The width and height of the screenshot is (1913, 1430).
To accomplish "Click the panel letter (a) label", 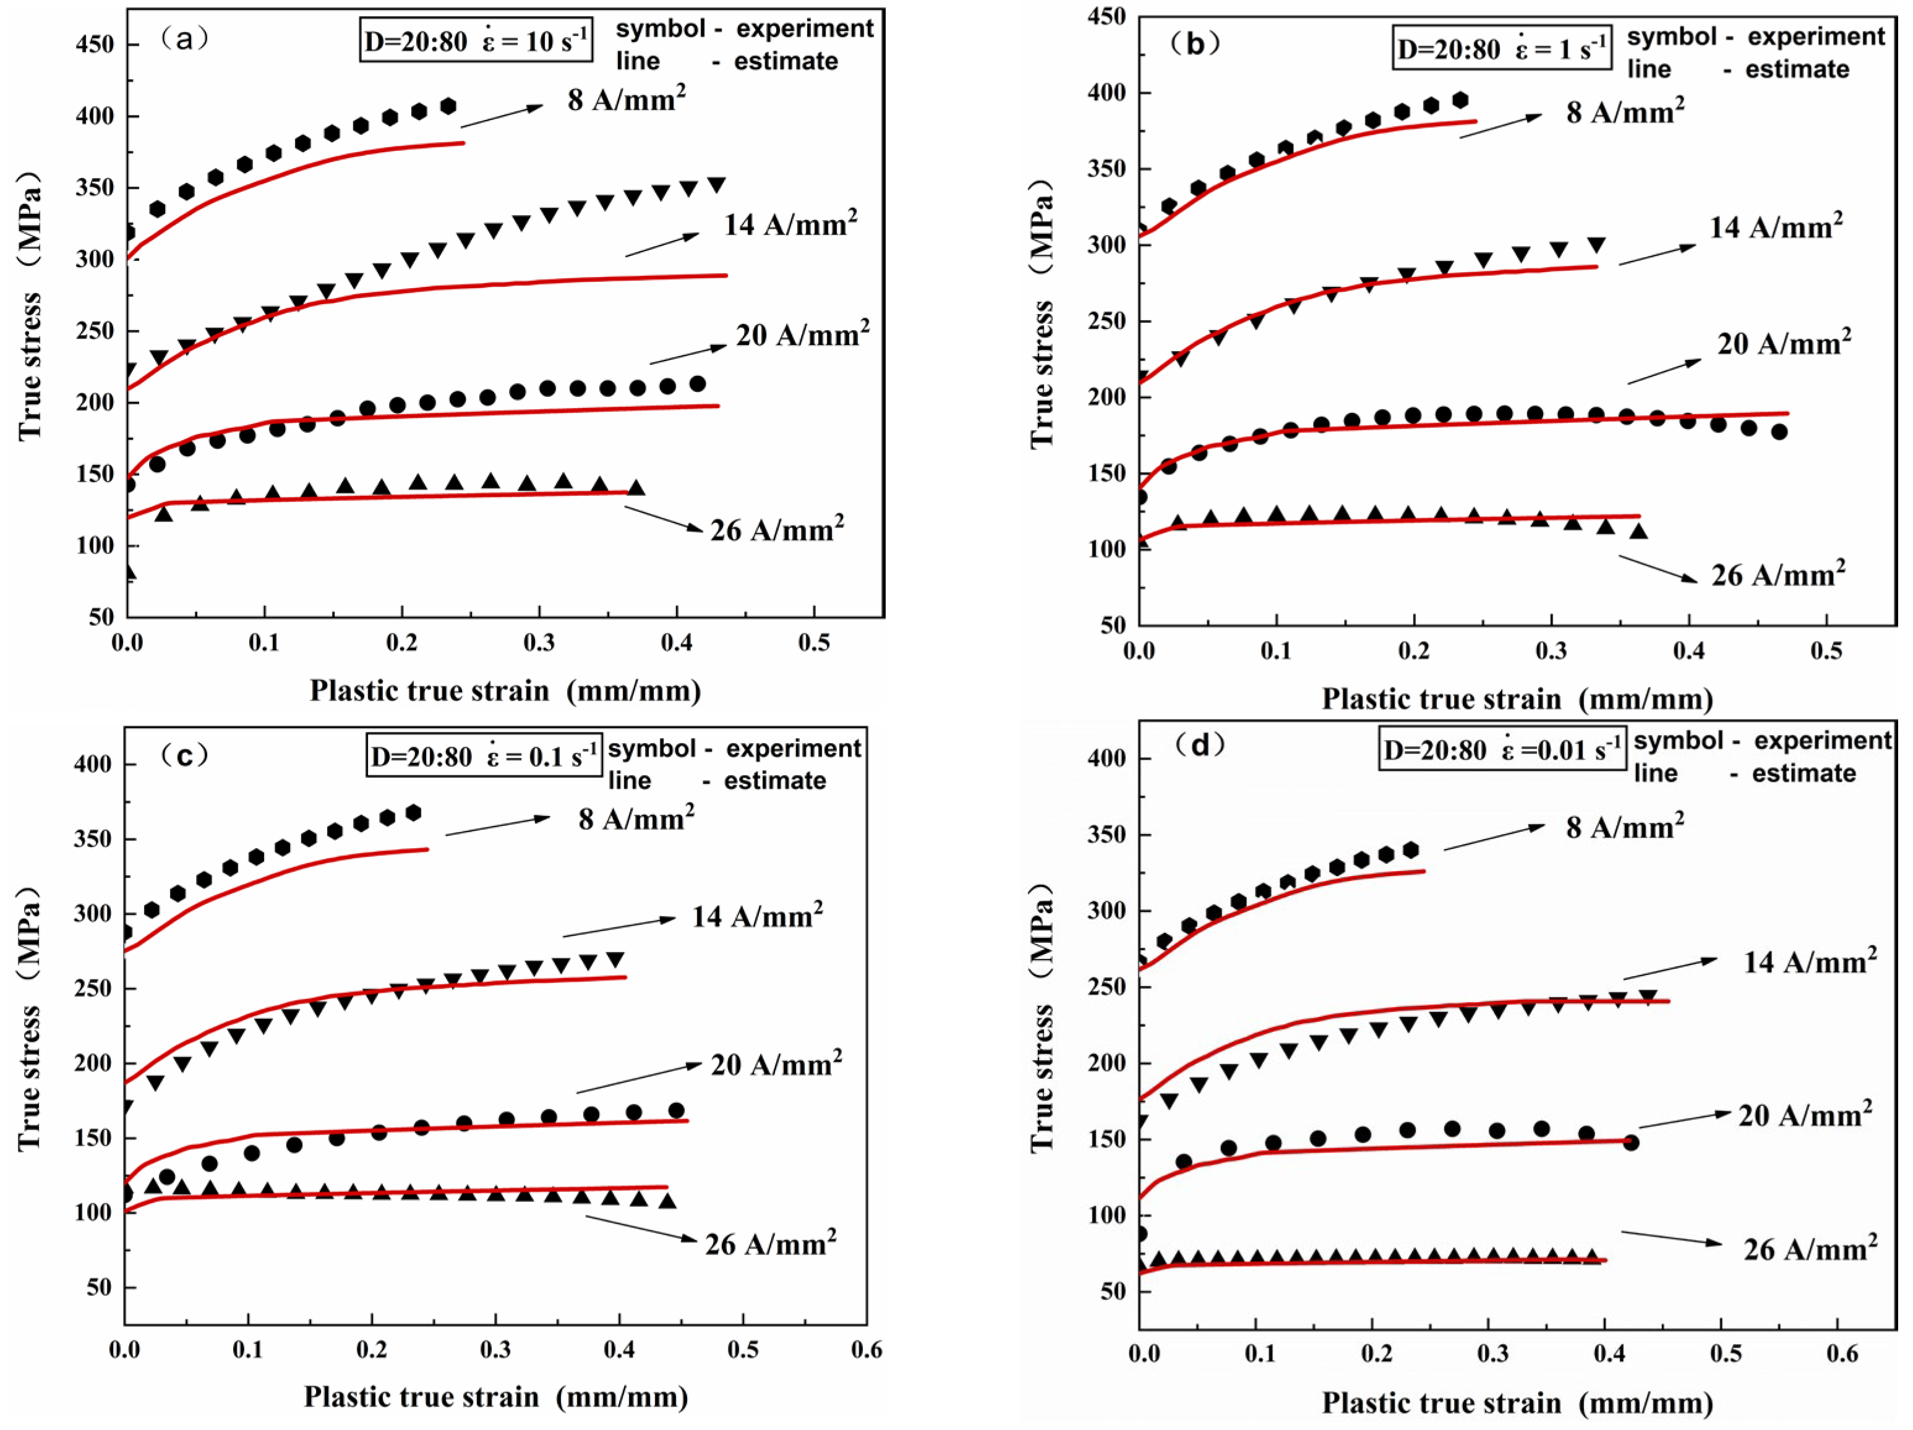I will [184, 39].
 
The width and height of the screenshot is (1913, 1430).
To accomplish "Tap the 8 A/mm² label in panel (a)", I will [626, 100].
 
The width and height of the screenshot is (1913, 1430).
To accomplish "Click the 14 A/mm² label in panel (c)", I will [756, 916].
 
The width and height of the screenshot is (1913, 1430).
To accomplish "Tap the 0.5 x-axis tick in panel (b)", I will [1826, 651].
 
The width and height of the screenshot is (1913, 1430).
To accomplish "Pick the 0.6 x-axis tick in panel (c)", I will [867, 1350].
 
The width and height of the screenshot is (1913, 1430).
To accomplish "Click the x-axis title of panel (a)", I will [505, 691].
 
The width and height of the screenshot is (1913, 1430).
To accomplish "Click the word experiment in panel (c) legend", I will [793, 748].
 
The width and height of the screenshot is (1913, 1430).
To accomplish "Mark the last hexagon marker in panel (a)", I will [448, 106].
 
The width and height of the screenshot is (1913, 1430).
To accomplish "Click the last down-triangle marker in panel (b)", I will [1596, 245].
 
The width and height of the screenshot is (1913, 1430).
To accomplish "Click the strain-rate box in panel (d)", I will [1501, 749].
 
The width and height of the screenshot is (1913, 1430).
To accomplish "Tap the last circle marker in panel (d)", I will [1631, 1143].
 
